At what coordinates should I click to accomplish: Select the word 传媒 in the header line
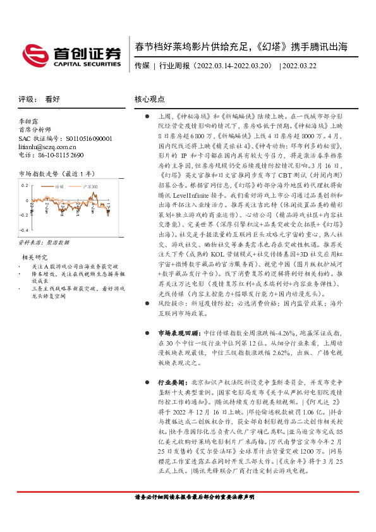pyautogui.click(x=142, y=65)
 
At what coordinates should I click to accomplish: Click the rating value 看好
pyautogui.click(x=52, y=99)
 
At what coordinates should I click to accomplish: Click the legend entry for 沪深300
pyautogui.click(x=90, y=187)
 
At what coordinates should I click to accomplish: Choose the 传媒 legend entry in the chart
pyautogui.click(x=61, y=187)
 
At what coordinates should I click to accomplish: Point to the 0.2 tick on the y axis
pyautogui.click(x=25, y=185)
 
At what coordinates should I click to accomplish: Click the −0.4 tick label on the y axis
pyautogui.click(x=23, y=231)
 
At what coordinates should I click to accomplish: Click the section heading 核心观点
pyautogui.click(x=150, y=99)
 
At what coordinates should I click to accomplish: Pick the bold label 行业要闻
pyautogui.click(x=170, y=383)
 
